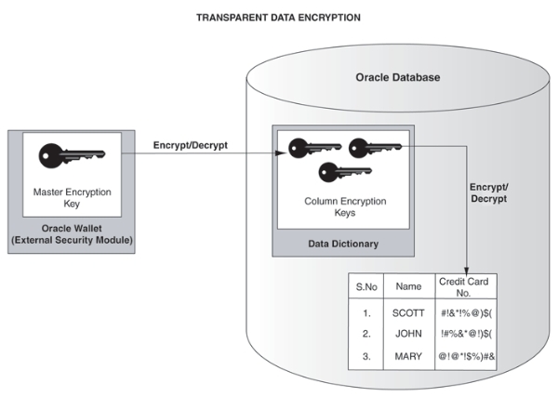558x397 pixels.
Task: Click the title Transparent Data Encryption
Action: [x=278, y=18]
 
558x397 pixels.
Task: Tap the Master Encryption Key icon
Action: [x=72, y=155]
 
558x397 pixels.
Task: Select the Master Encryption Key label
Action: [x=73, y=198]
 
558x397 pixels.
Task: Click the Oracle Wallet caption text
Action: [x=72, y=234]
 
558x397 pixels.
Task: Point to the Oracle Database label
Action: [x=398, y=77]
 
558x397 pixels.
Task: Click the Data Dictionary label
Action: [x=343, y=244]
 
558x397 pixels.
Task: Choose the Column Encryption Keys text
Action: [x=345, y=206]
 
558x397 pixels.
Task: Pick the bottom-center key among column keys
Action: [x=345, y=172]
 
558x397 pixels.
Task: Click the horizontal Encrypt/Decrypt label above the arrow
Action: [x=191, y=145]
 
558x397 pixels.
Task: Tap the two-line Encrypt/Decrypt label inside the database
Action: [x=489, y=192]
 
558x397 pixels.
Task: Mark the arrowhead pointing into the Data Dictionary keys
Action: [x=282, y=153]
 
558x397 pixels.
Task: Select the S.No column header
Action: [x=366, y=286]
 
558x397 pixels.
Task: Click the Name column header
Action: [x=408, y=286]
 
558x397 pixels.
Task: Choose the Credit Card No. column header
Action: [x=464, y=287]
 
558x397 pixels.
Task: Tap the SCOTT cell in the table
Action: [x=408, y=313]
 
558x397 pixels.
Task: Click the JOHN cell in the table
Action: [x=408, y=334]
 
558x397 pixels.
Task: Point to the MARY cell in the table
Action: [x=408, y=356]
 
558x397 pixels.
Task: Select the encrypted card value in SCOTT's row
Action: [x=466, y=313]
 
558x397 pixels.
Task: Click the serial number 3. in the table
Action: [x=366, y=356]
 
